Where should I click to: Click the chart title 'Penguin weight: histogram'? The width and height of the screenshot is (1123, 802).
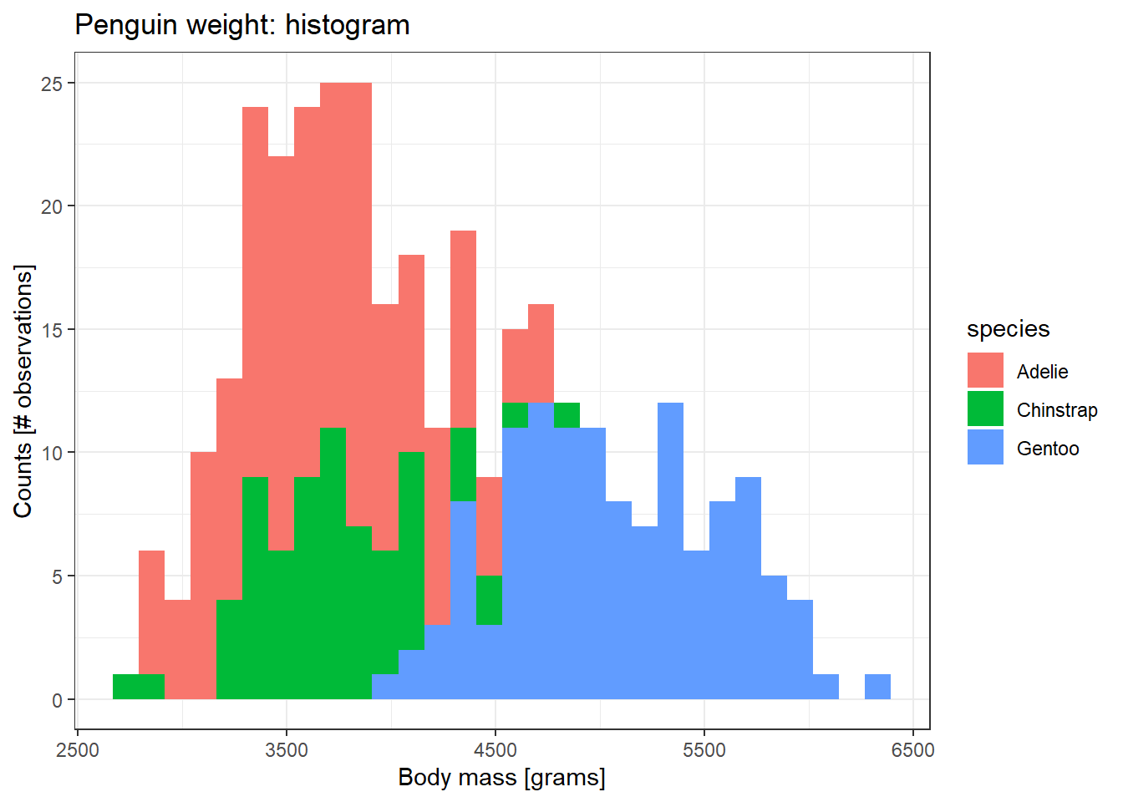(x=242, y=25)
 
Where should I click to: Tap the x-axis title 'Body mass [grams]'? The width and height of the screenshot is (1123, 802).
(x=501, y=777)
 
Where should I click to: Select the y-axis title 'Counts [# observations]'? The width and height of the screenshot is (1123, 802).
(x=23, y=391)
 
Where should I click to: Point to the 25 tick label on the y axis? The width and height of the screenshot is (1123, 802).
(x=52, y=84)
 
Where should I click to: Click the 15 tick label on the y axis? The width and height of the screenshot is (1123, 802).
(x=52, y=330)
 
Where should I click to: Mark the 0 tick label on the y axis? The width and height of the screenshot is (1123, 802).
(x=57, y=700)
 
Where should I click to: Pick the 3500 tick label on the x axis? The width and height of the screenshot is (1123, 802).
(x=287, y=749)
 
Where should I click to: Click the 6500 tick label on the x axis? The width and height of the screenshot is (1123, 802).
(x=912, y=749)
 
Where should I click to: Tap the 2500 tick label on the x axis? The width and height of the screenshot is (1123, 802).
(x=78, y=749)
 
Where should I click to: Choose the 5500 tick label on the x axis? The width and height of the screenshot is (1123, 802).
(x=704, y=749)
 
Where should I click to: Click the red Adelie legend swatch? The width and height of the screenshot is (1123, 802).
(x=985, y=370)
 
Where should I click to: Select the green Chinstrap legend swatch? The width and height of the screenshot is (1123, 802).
(x=985, y=409)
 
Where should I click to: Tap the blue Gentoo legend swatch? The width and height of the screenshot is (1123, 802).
(x=985, y=447)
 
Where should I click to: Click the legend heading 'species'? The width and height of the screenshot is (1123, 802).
(x=1008, y=329)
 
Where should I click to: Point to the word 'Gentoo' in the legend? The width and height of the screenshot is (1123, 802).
(x=1048, y=449)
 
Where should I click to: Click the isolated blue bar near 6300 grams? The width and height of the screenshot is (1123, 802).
(x=877, y=687)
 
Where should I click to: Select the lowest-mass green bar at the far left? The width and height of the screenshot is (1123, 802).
(x=126, y=687)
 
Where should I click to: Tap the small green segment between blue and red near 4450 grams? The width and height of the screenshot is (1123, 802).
(x=489, y=600)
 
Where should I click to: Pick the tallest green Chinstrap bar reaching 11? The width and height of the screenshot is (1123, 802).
(x=333, y=560)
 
